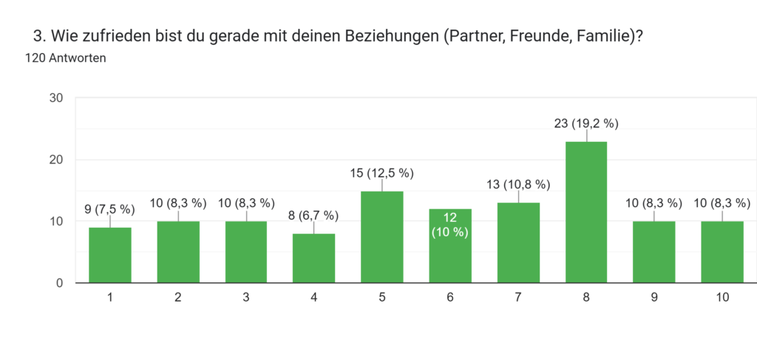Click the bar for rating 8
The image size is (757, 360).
(586, 212)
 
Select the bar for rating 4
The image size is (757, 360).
(314, 258)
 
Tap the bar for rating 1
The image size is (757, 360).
(110, 255)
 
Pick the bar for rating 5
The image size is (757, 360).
(382, 237)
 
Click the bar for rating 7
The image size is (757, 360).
(518, 242)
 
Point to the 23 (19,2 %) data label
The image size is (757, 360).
(586, 123)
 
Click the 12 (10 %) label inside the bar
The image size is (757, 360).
(450, 225)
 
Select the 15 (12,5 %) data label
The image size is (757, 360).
(381, 173)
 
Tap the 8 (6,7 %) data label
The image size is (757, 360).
(313, 215)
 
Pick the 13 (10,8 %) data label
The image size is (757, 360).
(518, 185)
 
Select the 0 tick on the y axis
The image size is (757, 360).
(59, 283)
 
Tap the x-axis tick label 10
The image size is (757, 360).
(722, 298)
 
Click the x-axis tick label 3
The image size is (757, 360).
(246, 298)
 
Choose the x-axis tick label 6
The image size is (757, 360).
(450, 298)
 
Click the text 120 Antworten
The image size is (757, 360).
(65, 58)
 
